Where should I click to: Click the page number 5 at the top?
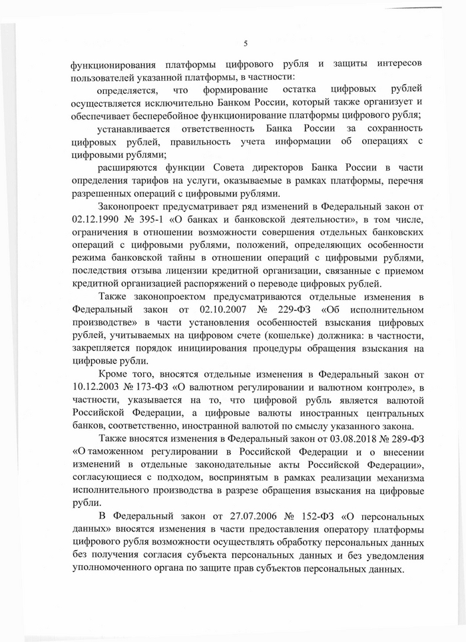click(246, 44)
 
